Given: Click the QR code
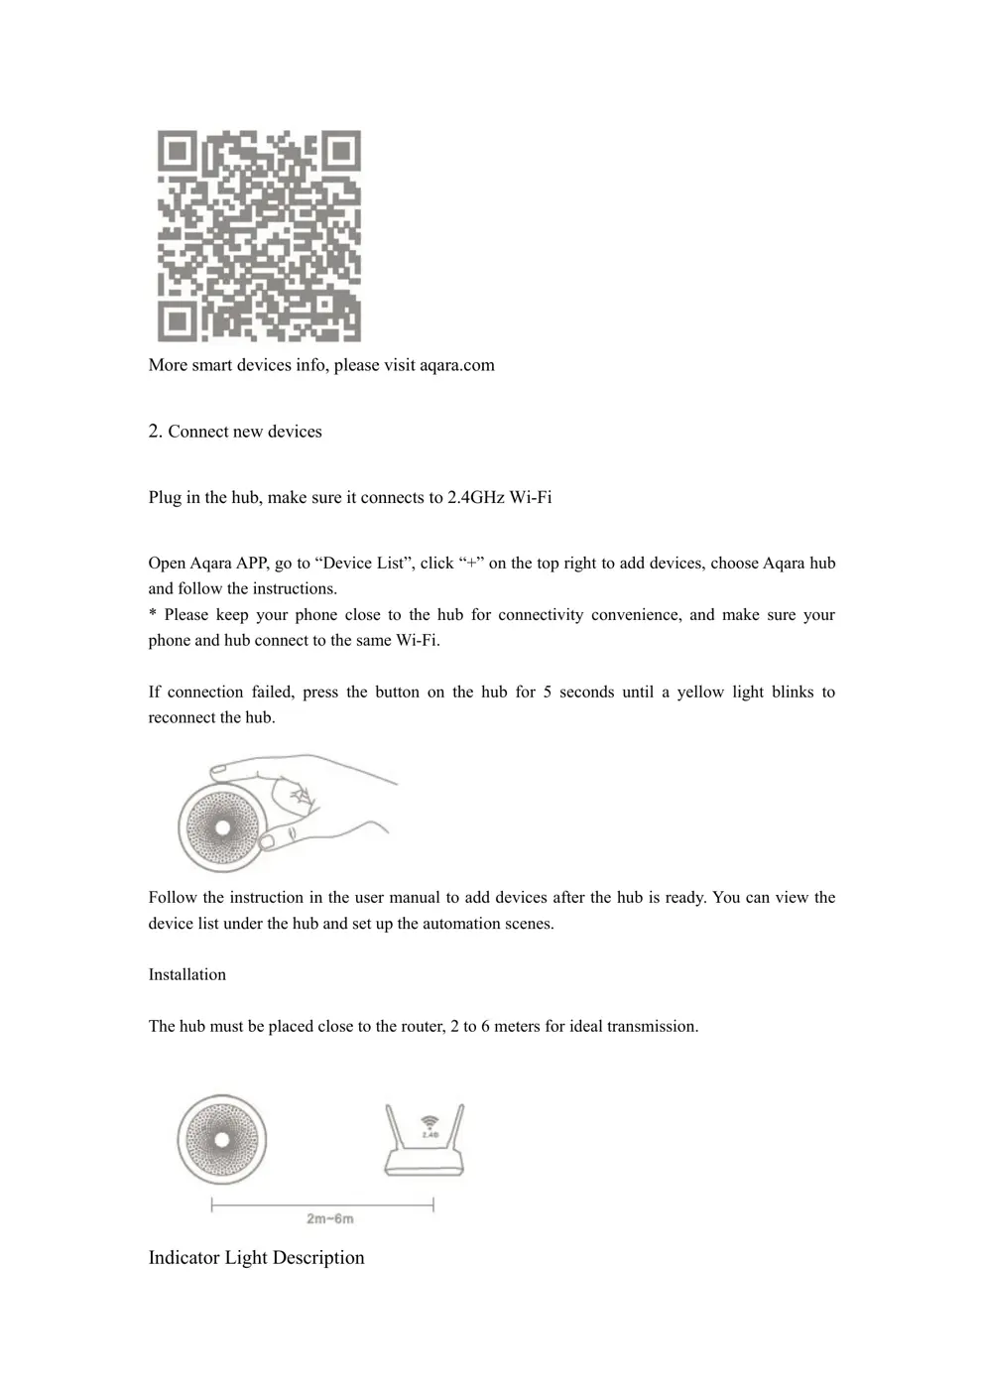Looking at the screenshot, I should coord(259,236).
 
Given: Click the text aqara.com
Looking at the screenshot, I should coord(456,365).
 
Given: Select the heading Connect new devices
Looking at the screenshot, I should coord(245,432).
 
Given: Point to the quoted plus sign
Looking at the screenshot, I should coord(469,564).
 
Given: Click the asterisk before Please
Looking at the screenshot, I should coord(152,615).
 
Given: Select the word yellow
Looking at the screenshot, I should coord(700,693).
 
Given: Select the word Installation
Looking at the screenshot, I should coord(187,975).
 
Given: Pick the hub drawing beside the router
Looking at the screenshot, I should coord(222,1139).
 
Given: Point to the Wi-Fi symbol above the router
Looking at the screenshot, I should coord(430,1120).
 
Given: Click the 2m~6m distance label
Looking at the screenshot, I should coord(329,1218).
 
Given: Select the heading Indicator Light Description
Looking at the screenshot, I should coord(256,1258).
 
